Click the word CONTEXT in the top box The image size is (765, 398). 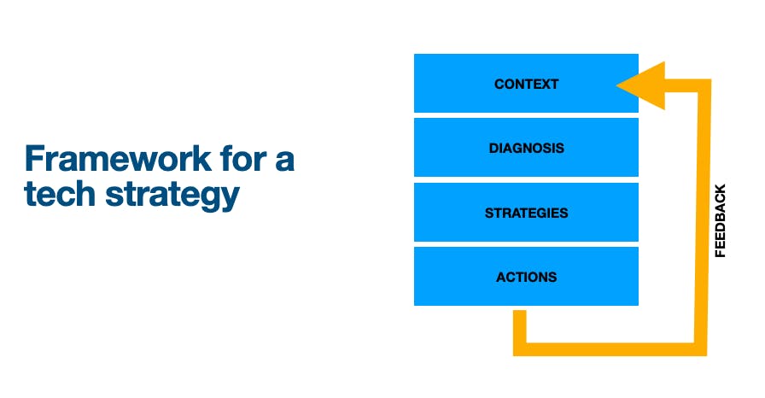(527, 85)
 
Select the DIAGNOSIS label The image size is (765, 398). (527, 149)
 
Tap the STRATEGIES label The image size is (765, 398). (527, 214)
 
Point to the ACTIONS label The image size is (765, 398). (527, 277)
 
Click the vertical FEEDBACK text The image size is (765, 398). (720, 220)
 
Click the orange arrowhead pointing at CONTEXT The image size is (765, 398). (644, 85)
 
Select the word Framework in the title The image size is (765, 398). (118, 159)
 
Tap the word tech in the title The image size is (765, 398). (60, 194)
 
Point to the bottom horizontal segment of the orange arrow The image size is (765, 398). (610, 349)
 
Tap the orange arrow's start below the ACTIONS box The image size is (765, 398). (520, 311)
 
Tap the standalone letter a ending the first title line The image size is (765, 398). (285, 161)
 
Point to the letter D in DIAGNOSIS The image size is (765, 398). (494, 149)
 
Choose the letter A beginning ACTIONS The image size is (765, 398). (501, 277)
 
